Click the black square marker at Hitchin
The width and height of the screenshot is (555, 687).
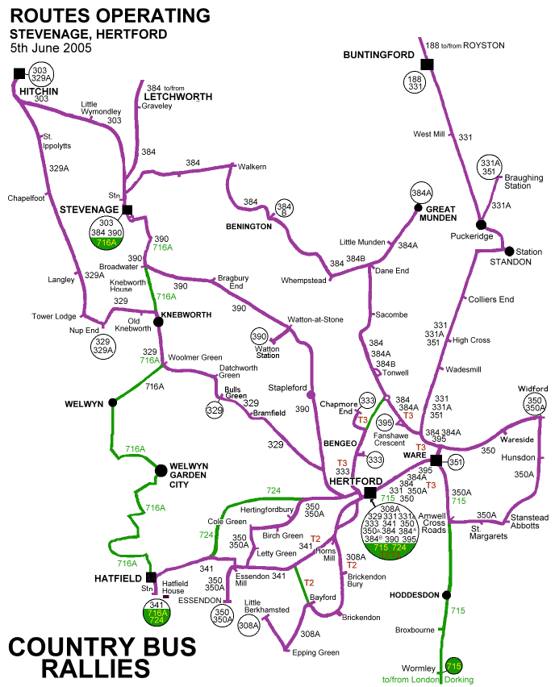click(x=19, y=74)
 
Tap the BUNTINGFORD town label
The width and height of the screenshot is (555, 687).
click(x=373, y=55)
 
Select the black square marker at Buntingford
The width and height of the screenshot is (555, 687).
click(x=427, y=64)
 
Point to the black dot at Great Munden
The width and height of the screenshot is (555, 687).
click(x=419, y=207)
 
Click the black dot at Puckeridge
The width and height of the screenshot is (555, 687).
click(x=481, y=224)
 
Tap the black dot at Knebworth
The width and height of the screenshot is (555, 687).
click(x=159, y=321)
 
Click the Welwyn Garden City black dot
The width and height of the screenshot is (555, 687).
click(x=161, y=468)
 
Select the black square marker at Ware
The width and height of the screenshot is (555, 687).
click(x=436, y=460)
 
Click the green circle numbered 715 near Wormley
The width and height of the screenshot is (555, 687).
click(x=454, y=665)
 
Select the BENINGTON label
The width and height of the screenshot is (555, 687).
click(x=248, y=227)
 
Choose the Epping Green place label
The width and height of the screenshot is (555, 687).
click(x=316, y=652)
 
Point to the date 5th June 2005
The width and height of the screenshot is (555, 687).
click(x=52, y=48)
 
